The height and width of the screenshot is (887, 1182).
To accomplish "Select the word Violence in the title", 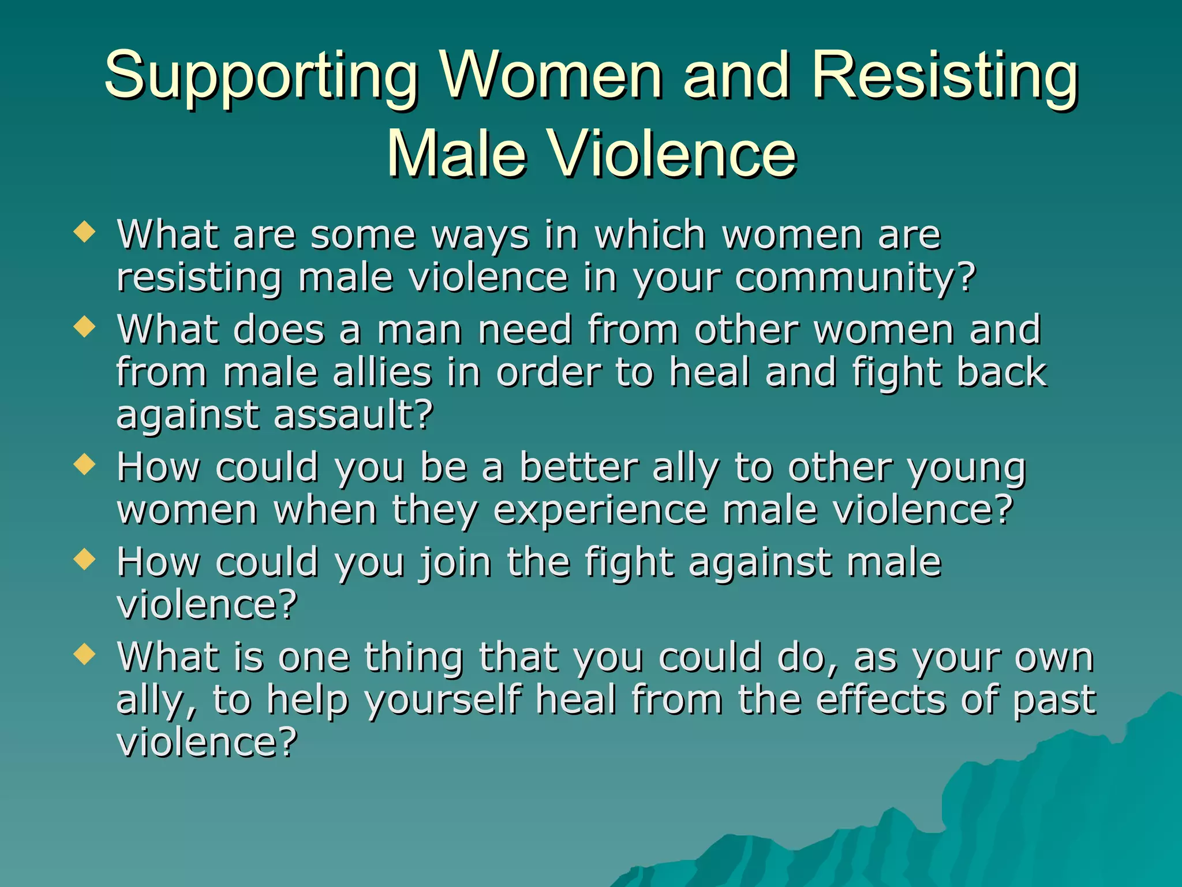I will pos(672,154).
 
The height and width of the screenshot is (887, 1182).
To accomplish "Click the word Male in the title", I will pos(456,154).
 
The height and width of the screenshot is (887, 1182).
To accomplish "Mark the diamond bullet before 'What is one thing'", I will pos(85,654).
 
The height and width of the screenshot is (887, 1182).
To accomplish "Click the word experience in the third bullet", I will pos(600,510).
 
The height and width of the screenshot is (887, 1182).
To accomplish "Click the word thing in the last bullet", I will pos(413,658).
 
